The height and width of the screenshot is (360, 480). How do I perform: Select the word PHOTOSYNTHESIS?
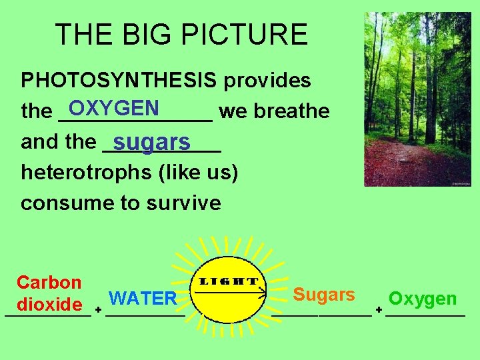[x=119, y=81]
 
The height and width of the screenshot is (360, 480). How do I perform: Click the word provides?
[x=267, y=81]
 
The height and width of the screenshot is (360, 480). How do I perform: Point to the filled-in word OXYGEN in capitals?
[x=113, y=108]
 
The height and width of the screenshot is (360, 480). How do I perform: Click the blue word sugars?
[x=152, y=143]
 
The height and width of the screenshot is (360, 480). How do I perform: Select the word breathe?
[x=292, y=111]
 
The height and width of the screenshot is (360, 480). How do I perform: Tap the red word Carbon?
[x=49, y=283]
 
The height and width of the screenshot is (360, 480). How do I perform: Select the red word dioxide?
[x=49, y=305]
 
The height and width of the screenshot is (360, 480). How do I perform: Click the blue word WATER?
[x=143, y=298]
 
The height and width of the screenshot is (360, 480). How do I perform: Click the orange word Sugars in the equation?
[x=324, y=294]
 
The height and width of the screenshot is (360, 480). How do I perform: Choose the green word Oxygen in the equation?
[x=423, y=299]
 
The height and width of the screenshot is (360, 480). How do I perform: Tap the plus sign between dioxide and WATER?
[x=97, y=310]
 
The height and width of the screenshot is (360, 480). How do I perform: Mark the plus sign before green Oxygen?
[x=379, y=310]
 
